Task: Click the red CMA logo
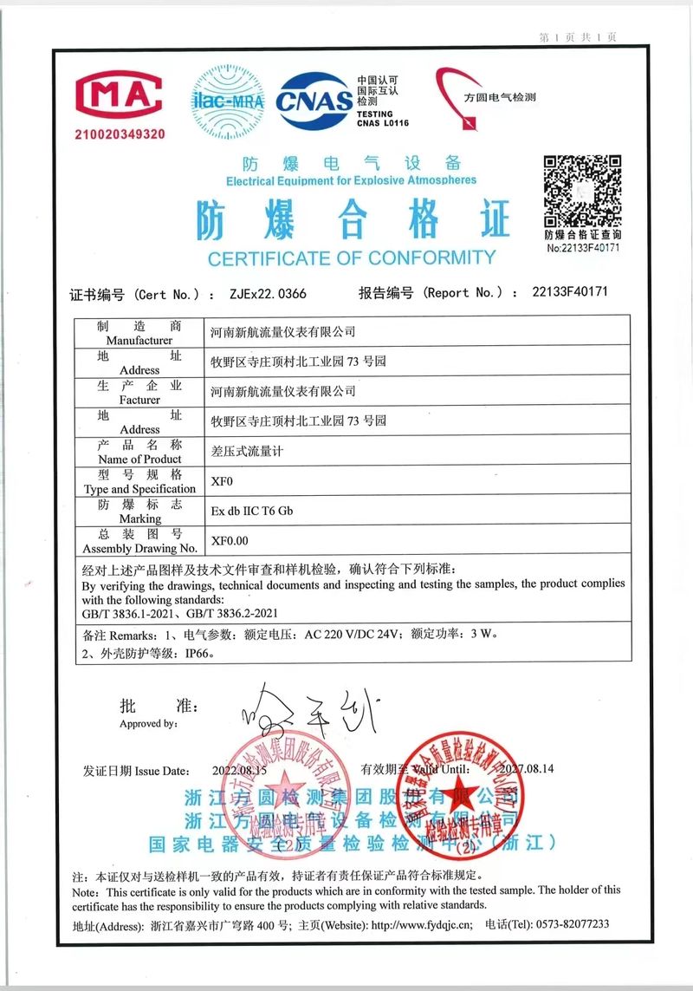pos(119,95)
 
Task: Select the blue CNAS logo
pos(314,101)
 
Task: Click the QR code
pos(582,191)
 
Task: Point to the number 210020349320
pos(120,134)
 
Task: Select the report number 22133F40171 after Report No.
pos(570,292)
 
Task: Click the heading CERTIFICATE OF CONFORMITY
pos(352,258)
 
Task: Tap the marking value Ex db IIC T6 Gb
pos(252,511)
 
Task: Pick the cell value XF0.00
pos(230,540)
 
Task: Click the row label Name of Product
pos(139,459)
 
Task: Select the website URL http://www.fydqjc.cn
pos(422,925)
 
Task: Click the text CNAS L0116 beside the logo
pos(383,123)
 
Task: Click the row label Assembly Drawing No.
pos(139,548)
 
